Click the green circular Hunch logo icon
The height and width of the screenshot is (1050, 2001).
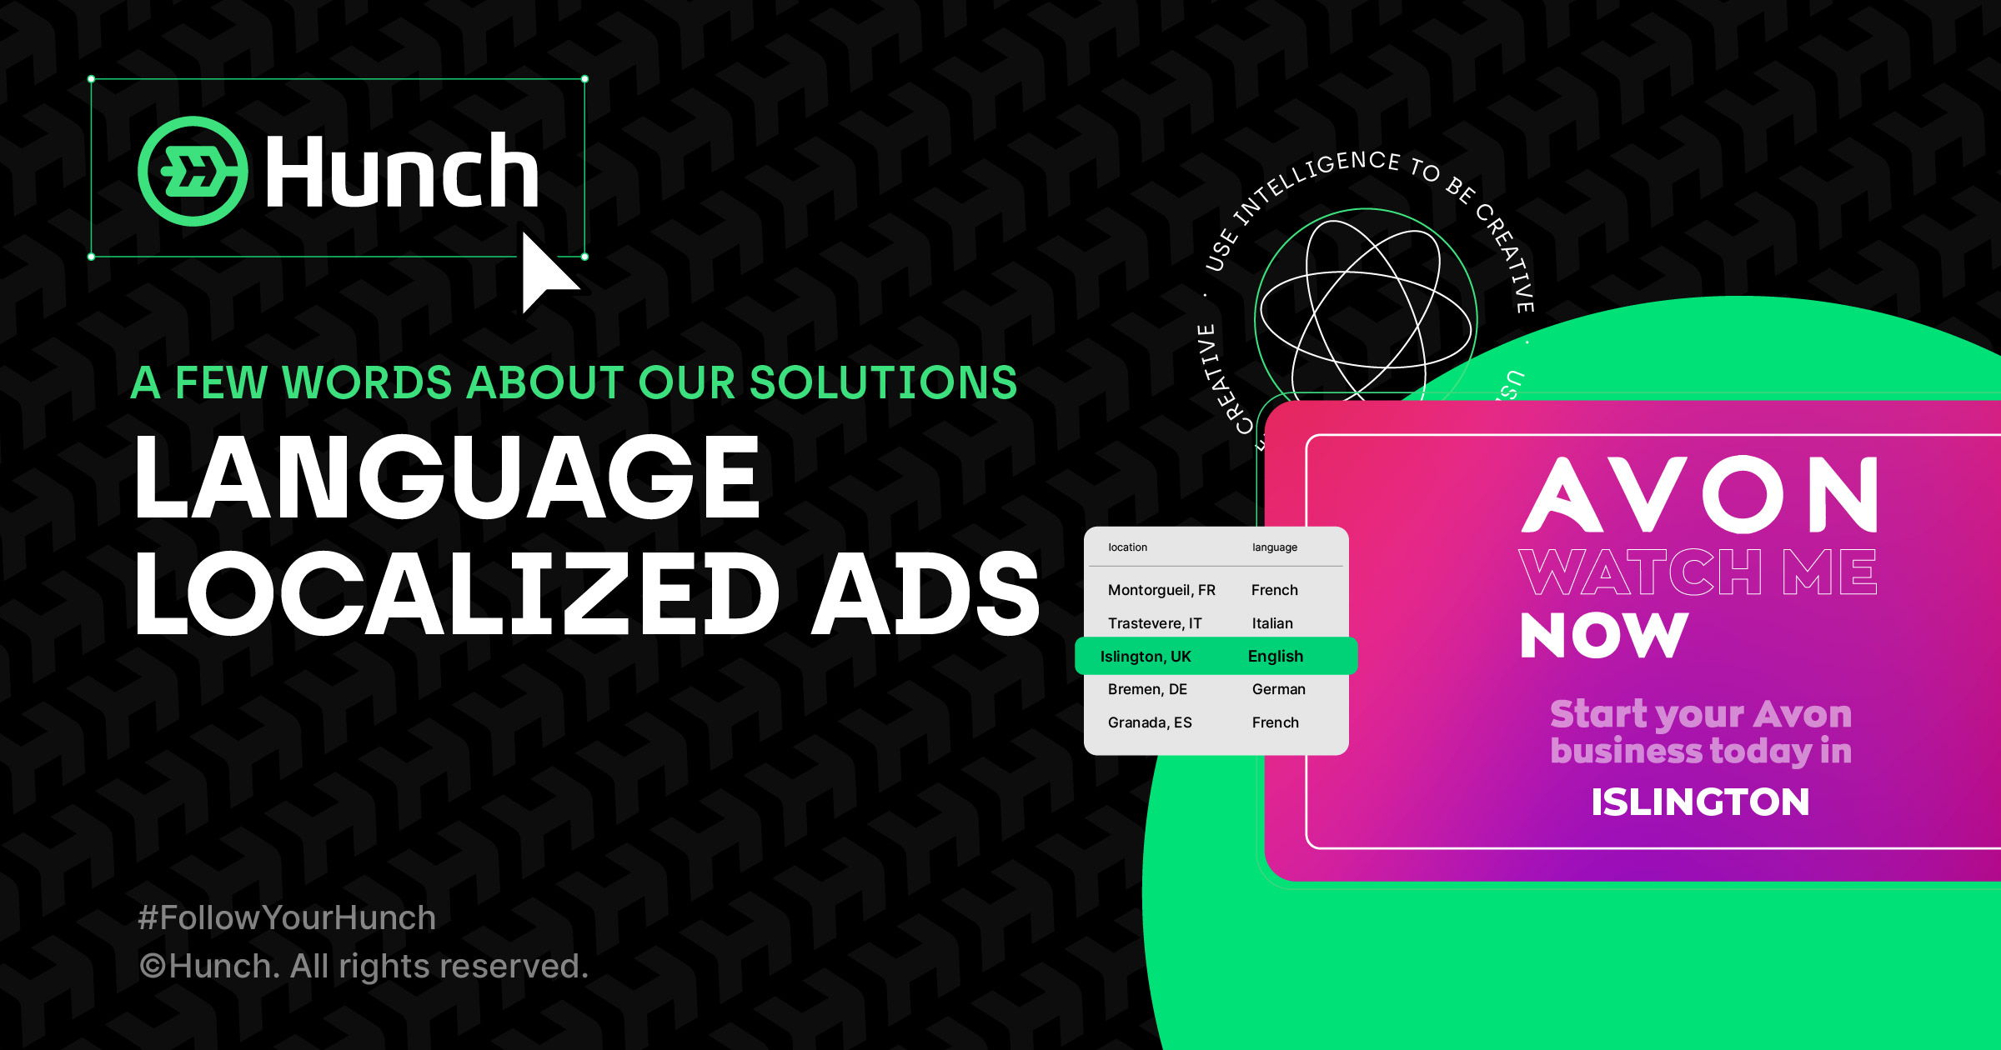(193, 171)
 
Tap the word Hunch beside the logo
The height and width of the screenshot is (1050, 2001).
(402, 172)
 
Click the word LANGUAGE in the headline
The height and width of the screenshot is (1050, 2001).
(447, 478)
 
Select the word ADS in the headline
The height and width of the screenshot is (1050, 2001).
(926, 593)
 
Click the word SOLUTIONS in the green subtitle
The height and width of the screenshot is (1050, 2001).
(883, 382)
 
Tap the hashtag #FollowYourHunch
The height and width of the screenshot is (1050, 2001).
(287, 917)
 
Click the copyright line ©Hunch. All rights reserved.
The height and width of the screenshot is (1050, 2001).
(364, 966)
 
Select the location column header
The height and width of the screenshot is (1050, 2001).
(1127, 547)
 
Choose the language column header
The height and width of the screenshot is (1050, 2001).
(1274, 547)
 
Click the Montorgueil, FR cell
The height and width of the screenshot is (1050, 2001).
(1161, 590)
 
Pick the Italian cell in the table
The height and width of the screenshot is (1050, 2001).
(1272, 623)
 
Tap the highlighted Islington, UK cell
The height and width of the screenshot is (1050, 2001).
(1146, 657)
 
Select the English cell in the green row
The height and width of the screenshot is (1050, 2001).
(1275, 657)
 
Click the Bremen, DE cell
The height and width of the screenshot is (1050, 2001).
(1147, 689)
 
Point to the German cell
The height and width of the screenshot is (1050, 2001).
(1278, 689)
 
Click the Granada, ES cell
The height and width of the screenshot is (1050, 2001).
(1150, 722)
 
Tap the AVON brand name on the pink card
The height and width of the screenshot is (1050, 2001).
(1700, 495)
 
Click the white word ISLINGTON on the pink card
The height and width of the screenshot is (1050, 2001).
(1700, 802)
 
